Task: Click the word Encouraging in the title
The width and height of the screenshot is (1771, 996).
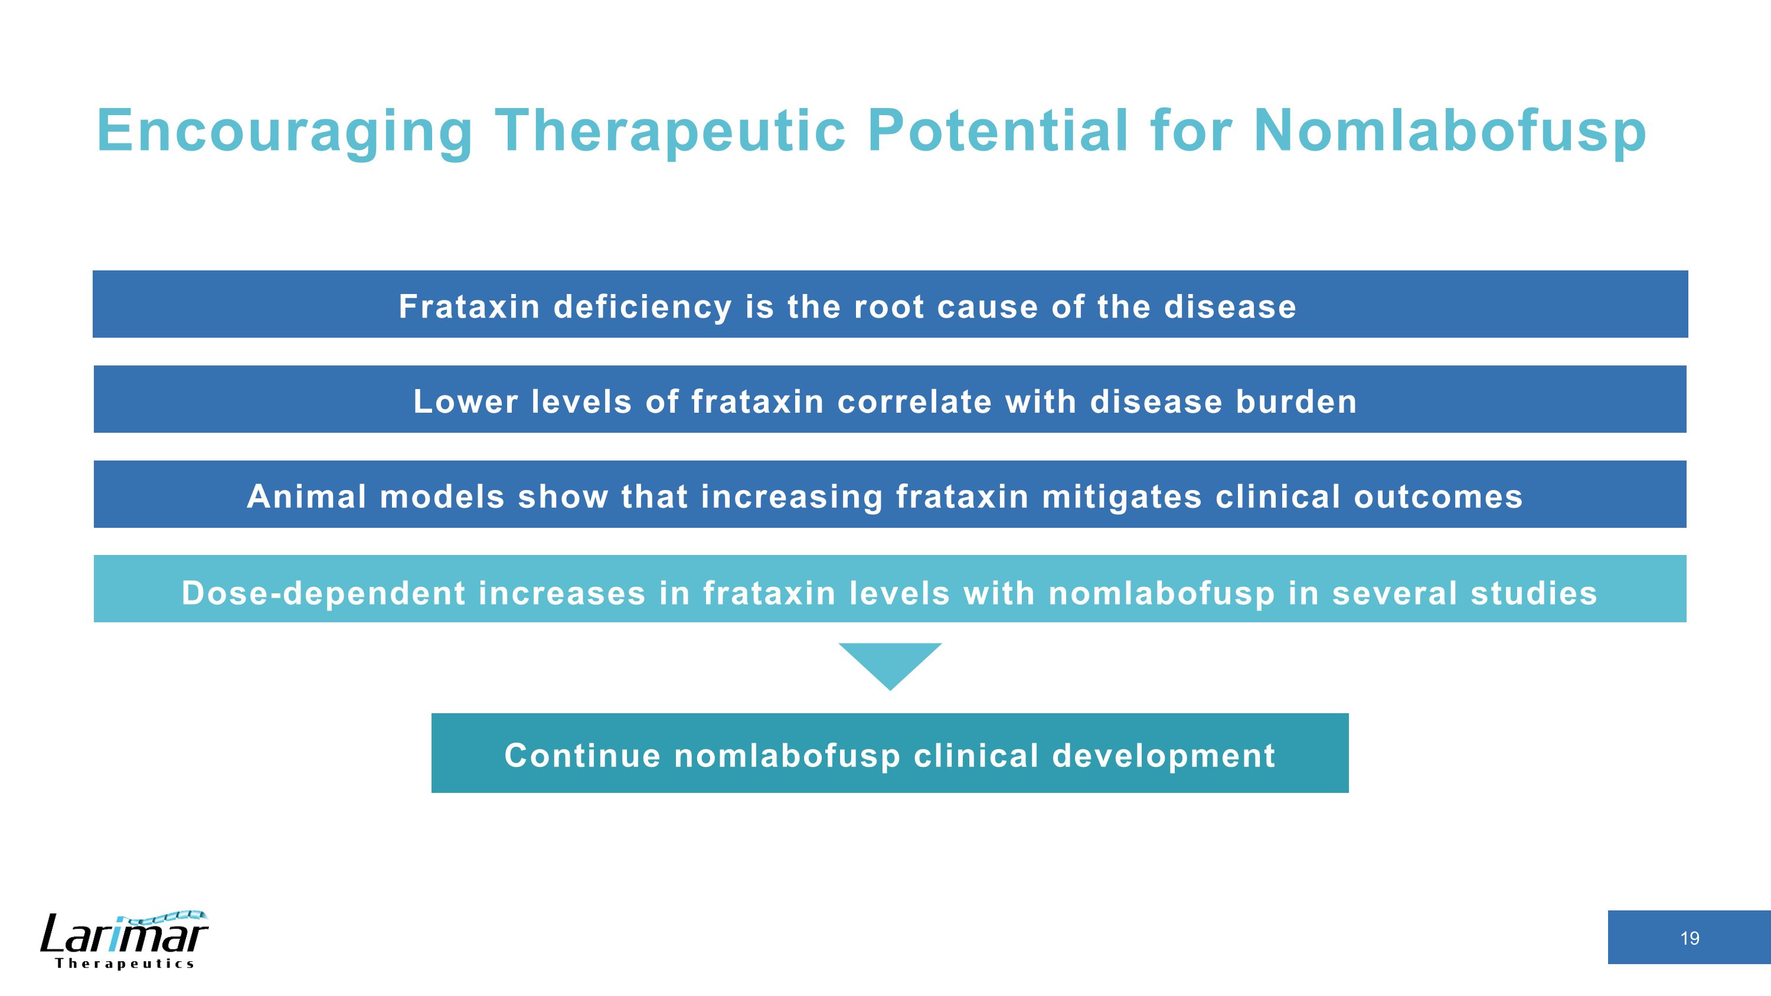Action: tap(284, 130)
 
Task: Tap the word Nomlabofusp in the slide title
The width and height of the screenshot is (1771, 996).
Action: tap(1449, 130)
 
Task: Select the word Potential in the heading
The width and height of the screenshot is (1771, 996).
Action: tap(998, 130)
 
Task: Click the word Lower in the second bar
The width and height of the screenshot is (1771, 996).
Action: tap(465, 401)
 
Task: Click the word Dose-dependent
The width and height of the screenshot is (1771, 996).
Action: tap(323, 593)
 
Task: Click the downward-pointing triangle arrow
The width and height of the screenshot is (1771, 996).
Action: tap(890, 662)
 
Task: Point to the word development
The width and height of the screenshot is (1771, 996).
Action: tap(1163, 756)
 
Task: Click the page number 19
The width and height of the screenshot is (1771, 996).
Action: tap(1689, 938)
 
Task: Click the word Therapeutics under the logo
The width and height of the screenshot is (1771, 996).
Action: tap(125, 964)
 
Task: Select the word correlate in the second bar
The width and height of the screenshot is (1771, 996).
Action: tap(914, 401)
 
